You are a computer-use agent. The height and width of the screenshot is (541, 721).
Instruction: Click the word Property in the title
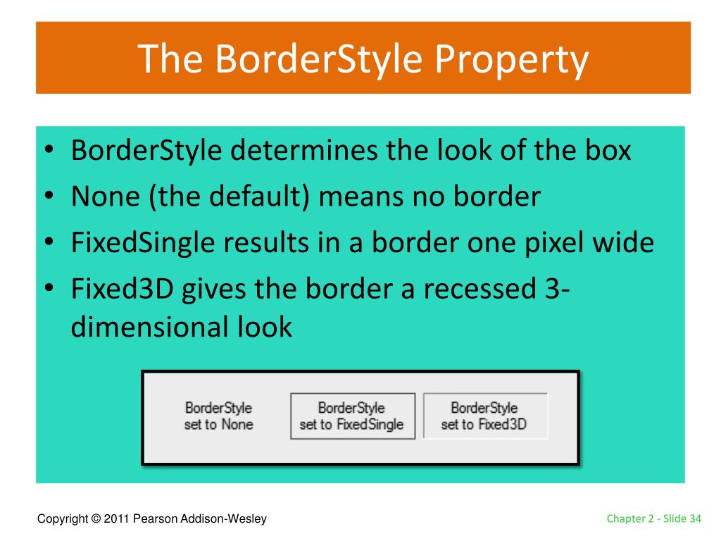pyautogui.click(x=511, y=60)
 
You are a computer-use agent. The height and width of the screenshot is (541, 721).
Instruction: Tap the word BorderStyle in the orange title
pyautogui.click(x=319, y=58)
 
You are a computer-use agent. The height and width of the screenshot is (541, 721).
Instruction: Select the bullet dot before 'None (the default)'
pyautogui.click(x=49, y=195)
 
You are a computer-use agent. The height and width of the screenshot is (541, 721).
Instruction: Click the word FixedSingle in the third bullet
pyautogui.click(x=143, y=242)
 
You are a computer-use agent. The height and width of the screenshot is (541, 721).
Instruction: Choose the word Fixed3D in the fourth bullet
pyautogui.click(x=123, y=288)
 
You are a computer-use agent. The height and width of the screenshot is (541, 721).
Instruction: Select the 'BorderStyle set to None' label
pyautogui.click(x=218, y=416)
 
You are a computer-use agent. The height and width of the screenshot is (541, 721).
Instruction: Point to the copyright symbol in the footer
pyautogui.click(x=96, y=518)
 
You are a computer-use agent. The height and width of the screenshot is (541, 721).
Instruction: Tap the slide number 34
pyautogui.click(x=695, y=518)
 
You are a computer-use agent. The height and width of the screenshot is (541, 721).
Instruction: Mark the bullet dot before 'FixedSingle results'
pyautogui.click(x=49, y=242)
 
